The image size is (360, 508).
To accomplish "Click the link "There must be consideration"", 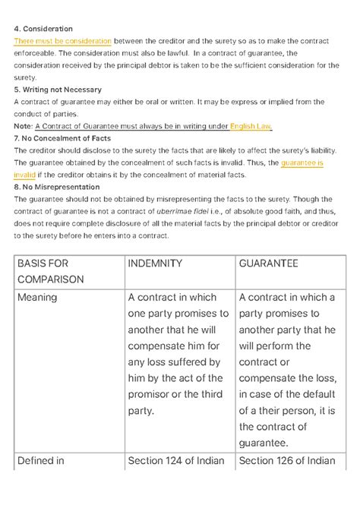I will [63, 41].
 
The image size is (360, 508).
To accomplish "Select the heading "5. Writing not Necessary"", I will [58, 90].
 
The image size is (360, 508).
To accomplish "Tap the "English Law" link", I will [251, 126].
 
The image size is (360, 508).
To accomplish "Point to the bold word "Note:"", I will [24, 126].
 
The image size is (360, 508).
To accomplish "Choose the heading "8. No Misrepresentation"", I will [57, 187].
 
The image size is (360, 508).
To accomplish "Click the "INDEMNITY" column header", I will [155, 263].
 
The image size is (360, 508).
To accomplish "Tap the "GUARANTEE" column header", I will [268, 263].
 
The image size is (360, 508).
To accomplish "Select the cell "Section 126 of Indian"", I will [287, 460].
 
